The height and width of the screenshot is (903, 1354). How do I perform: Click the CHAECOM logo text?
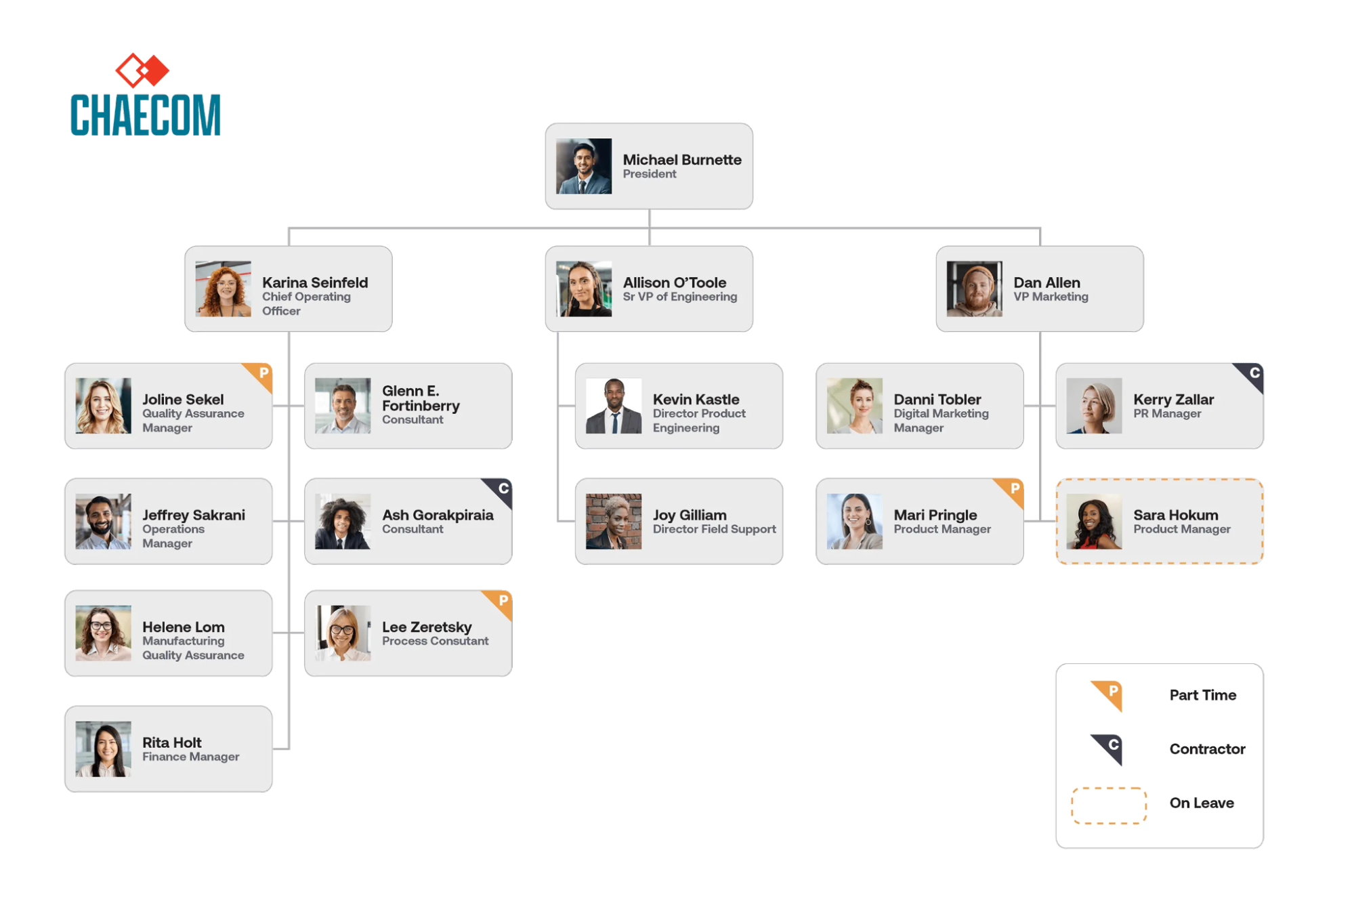(x=145, y=115)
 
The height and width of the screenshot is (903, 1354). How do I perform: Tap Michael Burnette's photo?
(x=583, y=167)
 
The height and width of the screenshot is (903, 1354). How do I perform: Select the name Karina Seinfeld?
(x=315, y=282)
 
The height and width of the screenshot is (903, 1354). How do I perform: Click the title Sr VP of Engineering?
(x=679, y=297)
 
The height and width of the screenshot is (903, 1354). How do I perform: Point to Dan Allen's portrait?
(x=974, y=289)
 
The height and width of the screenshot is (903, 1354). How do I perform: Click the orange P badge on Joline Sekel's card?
(x=263, y=373)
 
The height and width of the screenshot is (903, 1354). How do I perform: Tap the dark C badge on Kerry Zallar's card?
(x=1253, y=373)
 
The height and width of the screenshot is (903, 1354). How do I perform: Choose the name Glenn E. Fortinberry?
(x=420, y=398)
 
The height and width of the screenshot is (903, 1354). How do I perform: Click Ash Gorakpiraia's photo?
(x=343, y=522)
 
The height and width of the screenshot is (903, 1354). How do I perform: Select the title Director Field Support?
(x=714, y=529)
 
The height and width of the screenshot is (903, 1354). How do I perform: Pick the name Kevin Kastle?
(x=696, y=400)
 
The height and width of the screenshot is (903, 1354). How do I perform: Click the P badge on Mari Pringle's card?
(x=1013, y=489)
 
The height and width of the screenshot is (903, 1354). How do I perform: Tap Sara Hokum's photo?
(x=1094, y=522)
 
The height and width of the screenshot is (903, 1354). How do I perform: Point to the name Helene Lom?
(x=183, y=627)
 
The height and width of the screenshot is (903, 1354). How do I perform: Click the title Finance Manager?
(x=190, y=757)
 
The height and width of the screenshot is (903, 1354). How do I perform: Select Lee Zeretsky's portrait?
(x=343, y=633)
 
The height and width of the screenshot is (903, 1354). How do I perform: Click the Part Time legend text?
(x=1202, y=695)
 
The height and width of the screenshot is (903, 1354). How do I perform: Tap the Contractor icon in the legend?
(x=1108, y=749)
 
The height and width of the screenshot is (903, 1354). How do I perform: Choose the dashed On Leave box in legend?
(x=1108, y=805)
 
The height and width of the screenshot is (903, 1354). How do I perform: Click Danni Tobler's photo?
(x=854, y=406)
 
